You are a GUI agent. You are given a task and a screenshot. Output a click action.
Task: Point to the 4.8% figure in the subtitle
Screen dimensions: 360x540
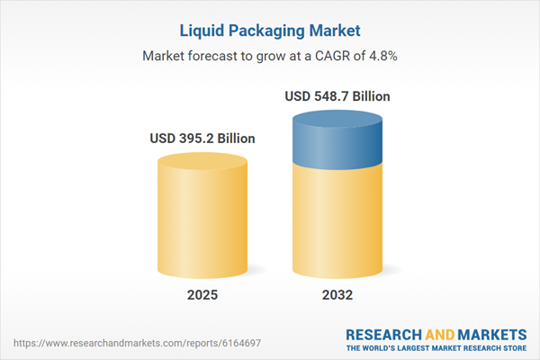click(x=382, y=56)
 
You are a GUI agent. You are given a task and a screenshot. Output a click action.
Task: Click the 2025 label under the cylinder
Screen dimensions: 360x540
click(x=202, y=295)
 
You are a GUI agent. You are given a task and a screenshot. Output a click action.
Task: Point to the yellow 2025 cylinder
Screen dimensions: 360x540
click(x=202, y=216)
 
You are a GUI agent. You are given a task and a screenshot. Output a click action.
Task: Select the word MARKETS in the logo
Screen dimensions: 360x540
click(x=491, y=334)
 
